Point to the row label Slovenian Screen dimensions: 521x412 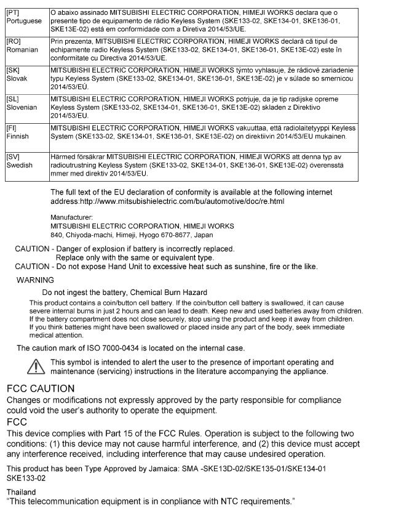coord(22,106)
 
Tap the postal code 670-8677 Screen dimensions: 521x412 coord(175,234)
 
